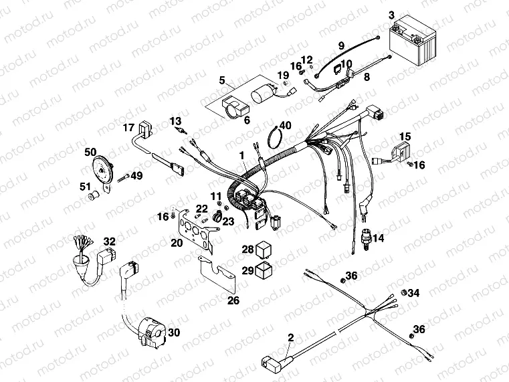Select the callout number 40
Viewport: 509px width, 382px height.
tap(285, 125)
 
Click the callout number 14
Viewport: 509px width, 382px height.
tap(379, 238)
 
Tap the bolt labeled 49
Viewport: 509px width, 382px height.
tap(124, 177)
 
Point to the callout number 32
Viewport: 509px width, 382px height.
tap(109, 242)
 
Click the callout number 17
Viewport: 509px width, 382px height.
tap(128, 127)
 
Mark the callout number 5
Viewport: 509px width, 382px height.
tap(221, 80)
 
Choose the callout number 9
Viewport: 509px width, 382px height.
tap(341, 45)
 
